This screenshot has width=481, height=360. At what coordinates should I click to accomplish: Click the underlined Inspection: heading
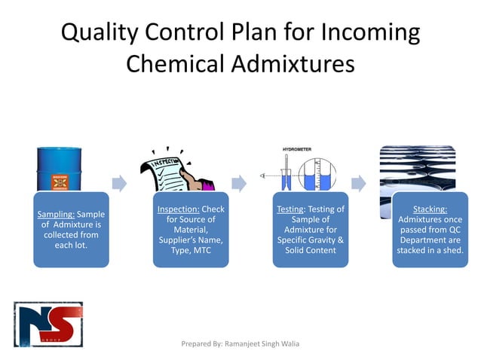click(179, 209)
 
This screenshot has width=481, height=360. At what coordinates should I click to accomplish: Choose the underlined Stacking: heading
click(430, 209)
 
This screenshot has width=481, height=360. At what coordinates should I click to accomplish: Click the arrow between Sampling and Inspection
click(119, 183)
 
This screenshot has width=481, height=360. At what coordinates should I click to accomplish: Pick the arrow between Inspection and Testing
click(239, 183)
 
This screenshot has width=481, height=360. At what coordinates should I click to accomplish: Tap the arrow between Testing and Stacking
click(359, 183)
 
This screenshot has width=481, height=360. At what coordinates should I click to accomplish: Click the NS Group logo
click(48, 324)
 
